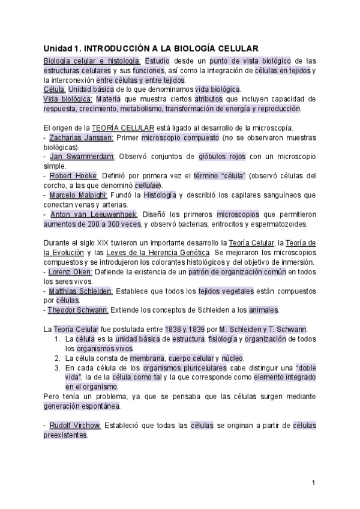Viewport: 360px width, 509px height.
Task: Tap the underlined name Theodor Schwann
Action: [x=79, y=310]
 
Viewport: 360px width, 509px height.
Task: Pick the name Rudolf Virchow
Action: [x=76, y=426]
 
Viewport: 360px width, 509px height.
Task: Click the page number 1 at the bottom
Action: [x=313, y=483]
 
